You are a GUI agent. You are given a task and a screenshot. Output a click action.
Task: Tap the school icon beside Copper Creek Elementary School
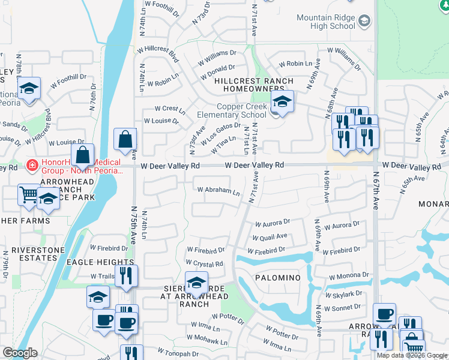click(x=282, y=101)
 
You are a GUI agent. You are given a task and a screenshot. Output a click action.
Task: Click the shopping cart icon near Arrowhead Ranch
click(x=28, y=195)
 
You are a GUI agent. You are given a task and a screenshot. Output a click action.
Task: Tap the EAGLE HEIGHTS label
click(x=100, y=262)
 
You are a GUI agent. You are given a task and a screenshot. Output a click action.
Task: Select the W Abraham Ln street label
click(x=219, y=191)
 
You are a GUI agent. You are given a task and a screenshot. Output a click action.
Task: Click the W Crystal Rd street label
click(x=204, y=263)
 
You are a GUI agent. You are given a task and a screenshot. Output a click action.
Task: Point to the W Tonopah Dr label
click(x=178, y=352)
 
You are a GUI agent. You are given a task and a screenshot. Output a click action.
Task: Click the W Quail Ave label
click(x=270, y=237)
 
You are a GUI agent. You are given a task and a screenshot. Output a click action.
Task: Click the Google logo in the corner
click(x=19, y=353)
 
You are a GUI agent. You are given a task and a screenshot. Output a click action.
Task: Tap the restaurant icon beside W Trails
click(x=127, y=275)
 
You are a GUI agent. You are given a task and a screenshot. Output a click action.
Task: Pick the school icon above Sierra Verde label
click(x=196, y=282)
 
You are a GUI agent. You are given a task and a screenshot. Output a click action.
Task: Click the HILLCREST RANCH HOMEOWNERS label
click(x=254, y=85)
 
